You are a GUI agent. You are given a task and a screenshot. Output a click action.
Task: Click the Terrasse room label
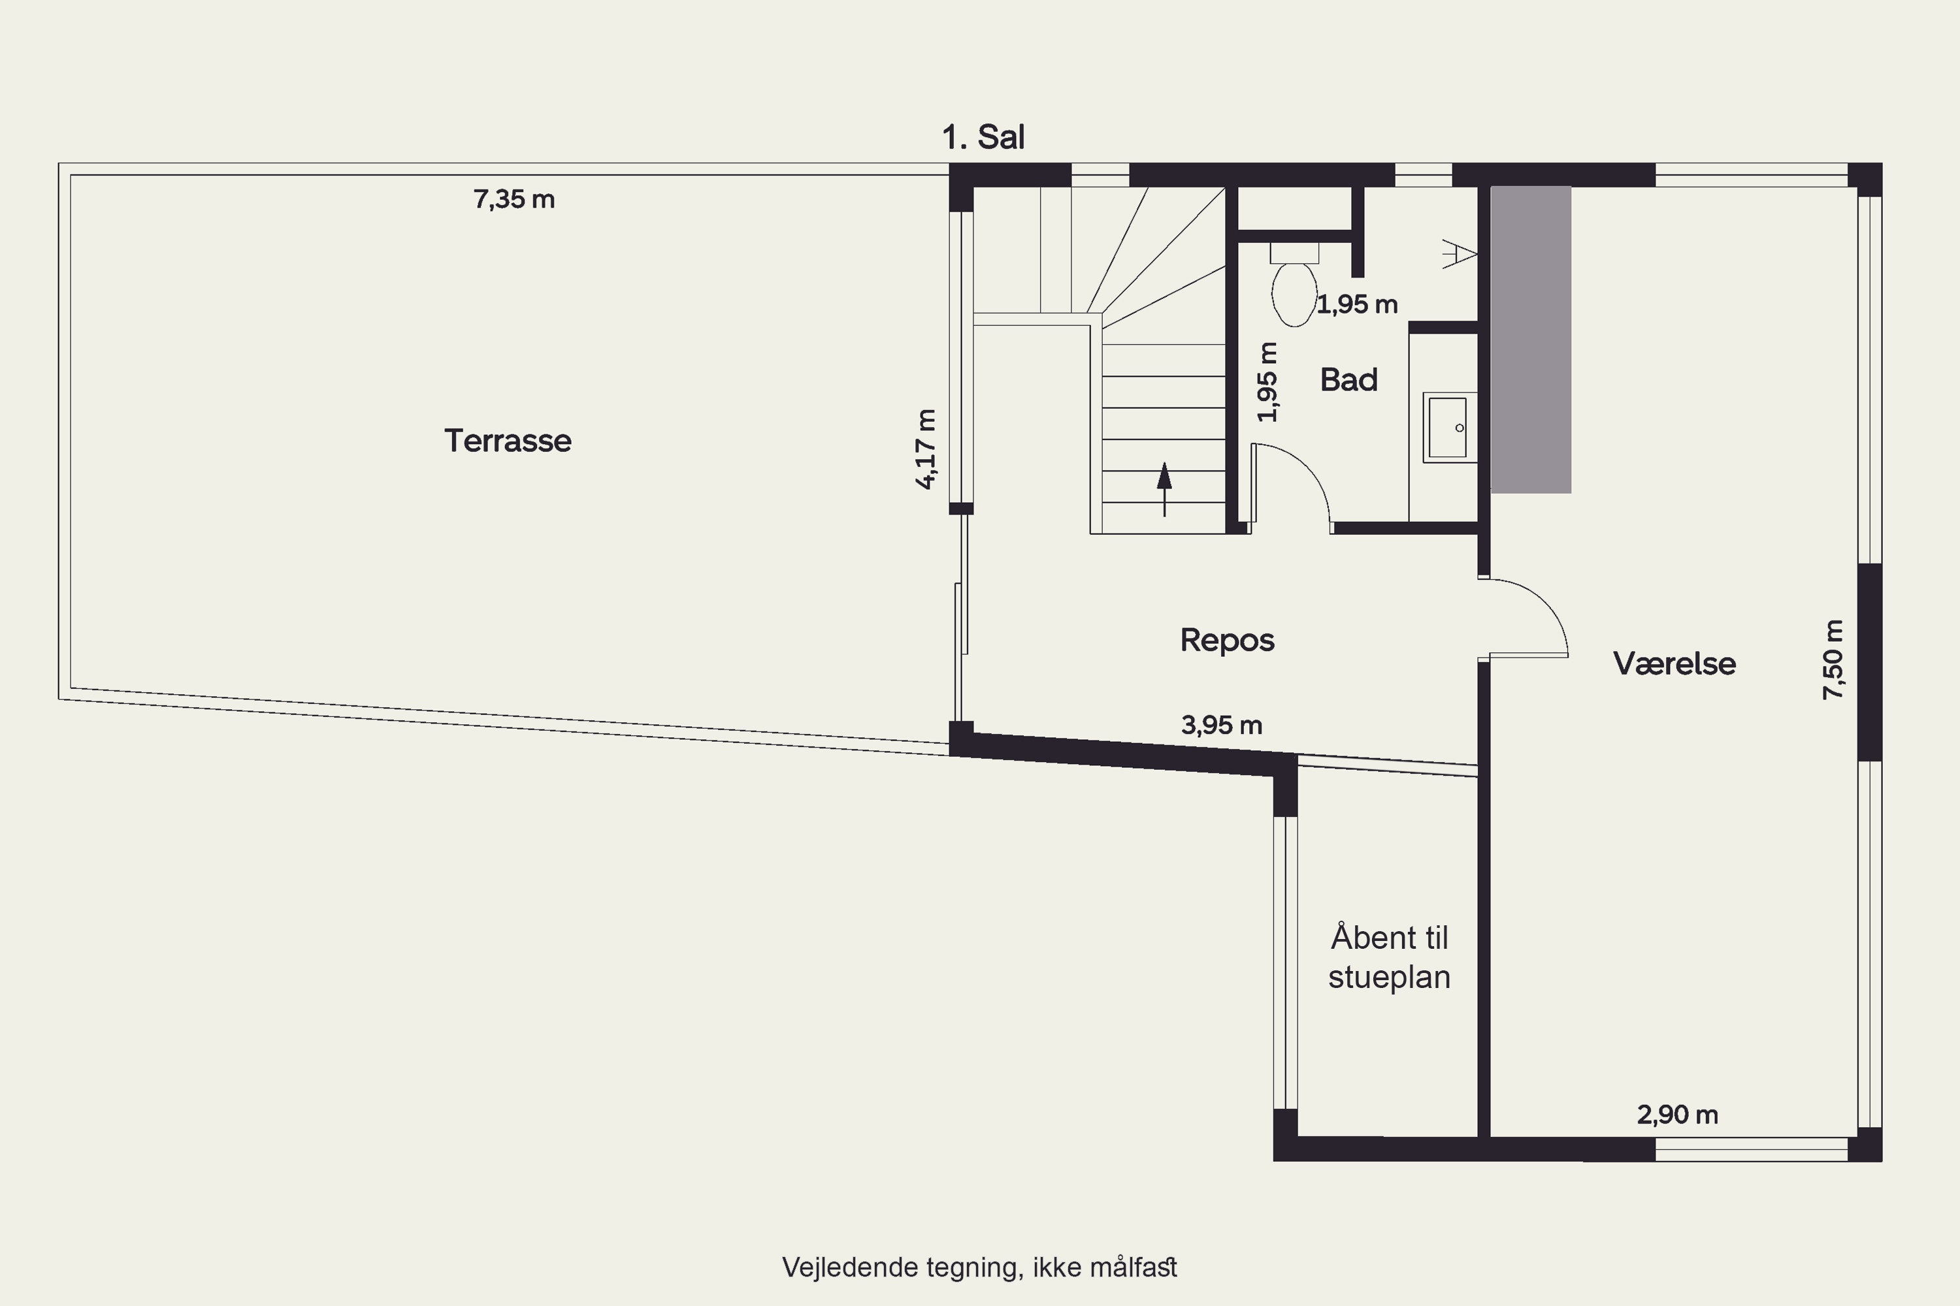coord(508,441)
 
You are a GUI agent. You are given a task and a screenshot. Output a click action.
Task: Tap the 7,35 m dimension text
coord(514,199)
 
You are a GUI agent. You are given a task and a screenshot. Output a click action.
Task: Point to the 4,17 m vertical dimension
coord(926,449)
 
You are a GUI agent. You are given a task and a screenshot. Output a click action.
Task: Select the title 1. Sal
coord(983,136)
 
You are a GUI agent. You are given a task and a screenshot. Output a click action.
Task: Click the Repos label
coord(1228,640)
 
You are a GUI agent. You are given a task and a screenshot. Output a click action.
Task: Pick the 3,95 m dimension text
coord(1222,725)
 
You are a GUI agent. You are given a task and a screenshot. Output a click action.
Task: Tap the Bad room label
coord(1349,380)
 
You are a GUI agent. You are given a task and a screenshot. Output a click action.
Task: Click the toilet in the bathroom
coord(1294,284)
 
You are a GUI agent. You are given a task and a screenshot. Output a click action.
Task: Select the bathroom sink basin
coord(1449,427)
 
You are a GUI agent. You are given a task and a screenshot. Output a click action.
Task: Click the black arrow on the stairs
coord(1164,489)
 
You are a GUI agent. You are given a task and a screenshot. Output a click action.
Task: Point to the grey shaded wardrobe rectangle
coord(1531,340)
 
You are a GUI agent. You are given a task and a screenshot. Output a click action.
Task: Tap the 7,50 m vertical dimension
coord(1833,660)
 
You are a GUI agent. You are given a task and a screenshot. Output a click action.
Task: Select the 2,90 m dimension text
coord(1678,1115)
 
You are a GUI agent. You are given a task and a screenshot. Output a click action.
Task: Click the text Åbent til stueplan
coord(1389,957)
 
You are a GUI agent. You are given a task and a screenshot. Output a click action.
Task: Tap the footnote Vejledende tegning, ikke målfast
coord(980,1267)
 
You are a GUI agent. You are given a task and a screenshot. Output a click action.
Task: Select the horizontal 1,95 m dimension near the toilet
coord(1358,304)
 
